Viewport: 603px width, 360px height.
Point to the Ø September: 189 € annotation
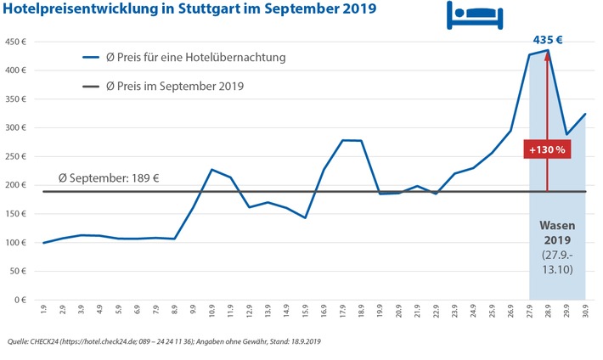click(109, 179)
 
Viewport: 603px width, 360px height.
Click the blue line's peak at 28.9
click(548, 50)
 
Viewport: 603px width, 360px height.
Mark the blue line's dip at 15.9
click(304, 218)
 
